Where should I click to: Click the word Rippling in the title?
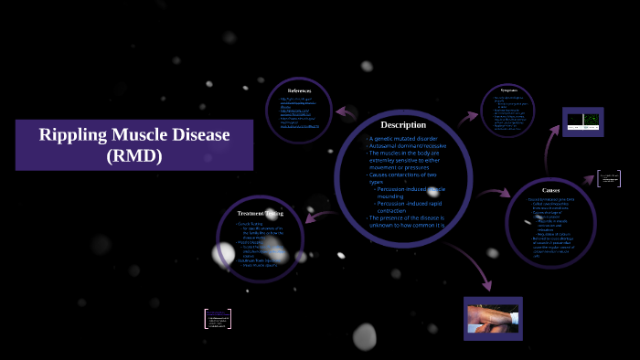click(x=76, y=135)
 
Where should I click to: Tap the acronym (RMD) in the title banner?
click(x=133, y=156)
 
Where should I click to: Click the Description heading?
click(x=403, y=124)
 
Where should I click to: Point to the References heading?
click(x=300, y=90)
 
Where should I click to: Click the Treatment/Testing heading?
click(x=261, y=212)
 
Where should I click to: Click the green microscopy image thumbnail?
click(x=582, y=120)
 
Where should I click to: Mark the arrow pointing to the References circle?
click(x=346, y=112)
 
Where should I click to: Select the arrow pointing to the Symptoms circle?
click(x=468, y=117)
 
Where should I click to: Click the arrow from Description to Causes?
click(x=494, y=193)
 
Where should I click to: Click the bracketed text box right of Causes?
click(x=608, y=178)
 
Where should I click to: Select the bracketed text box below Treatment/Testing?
click(x=218, y=318)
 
